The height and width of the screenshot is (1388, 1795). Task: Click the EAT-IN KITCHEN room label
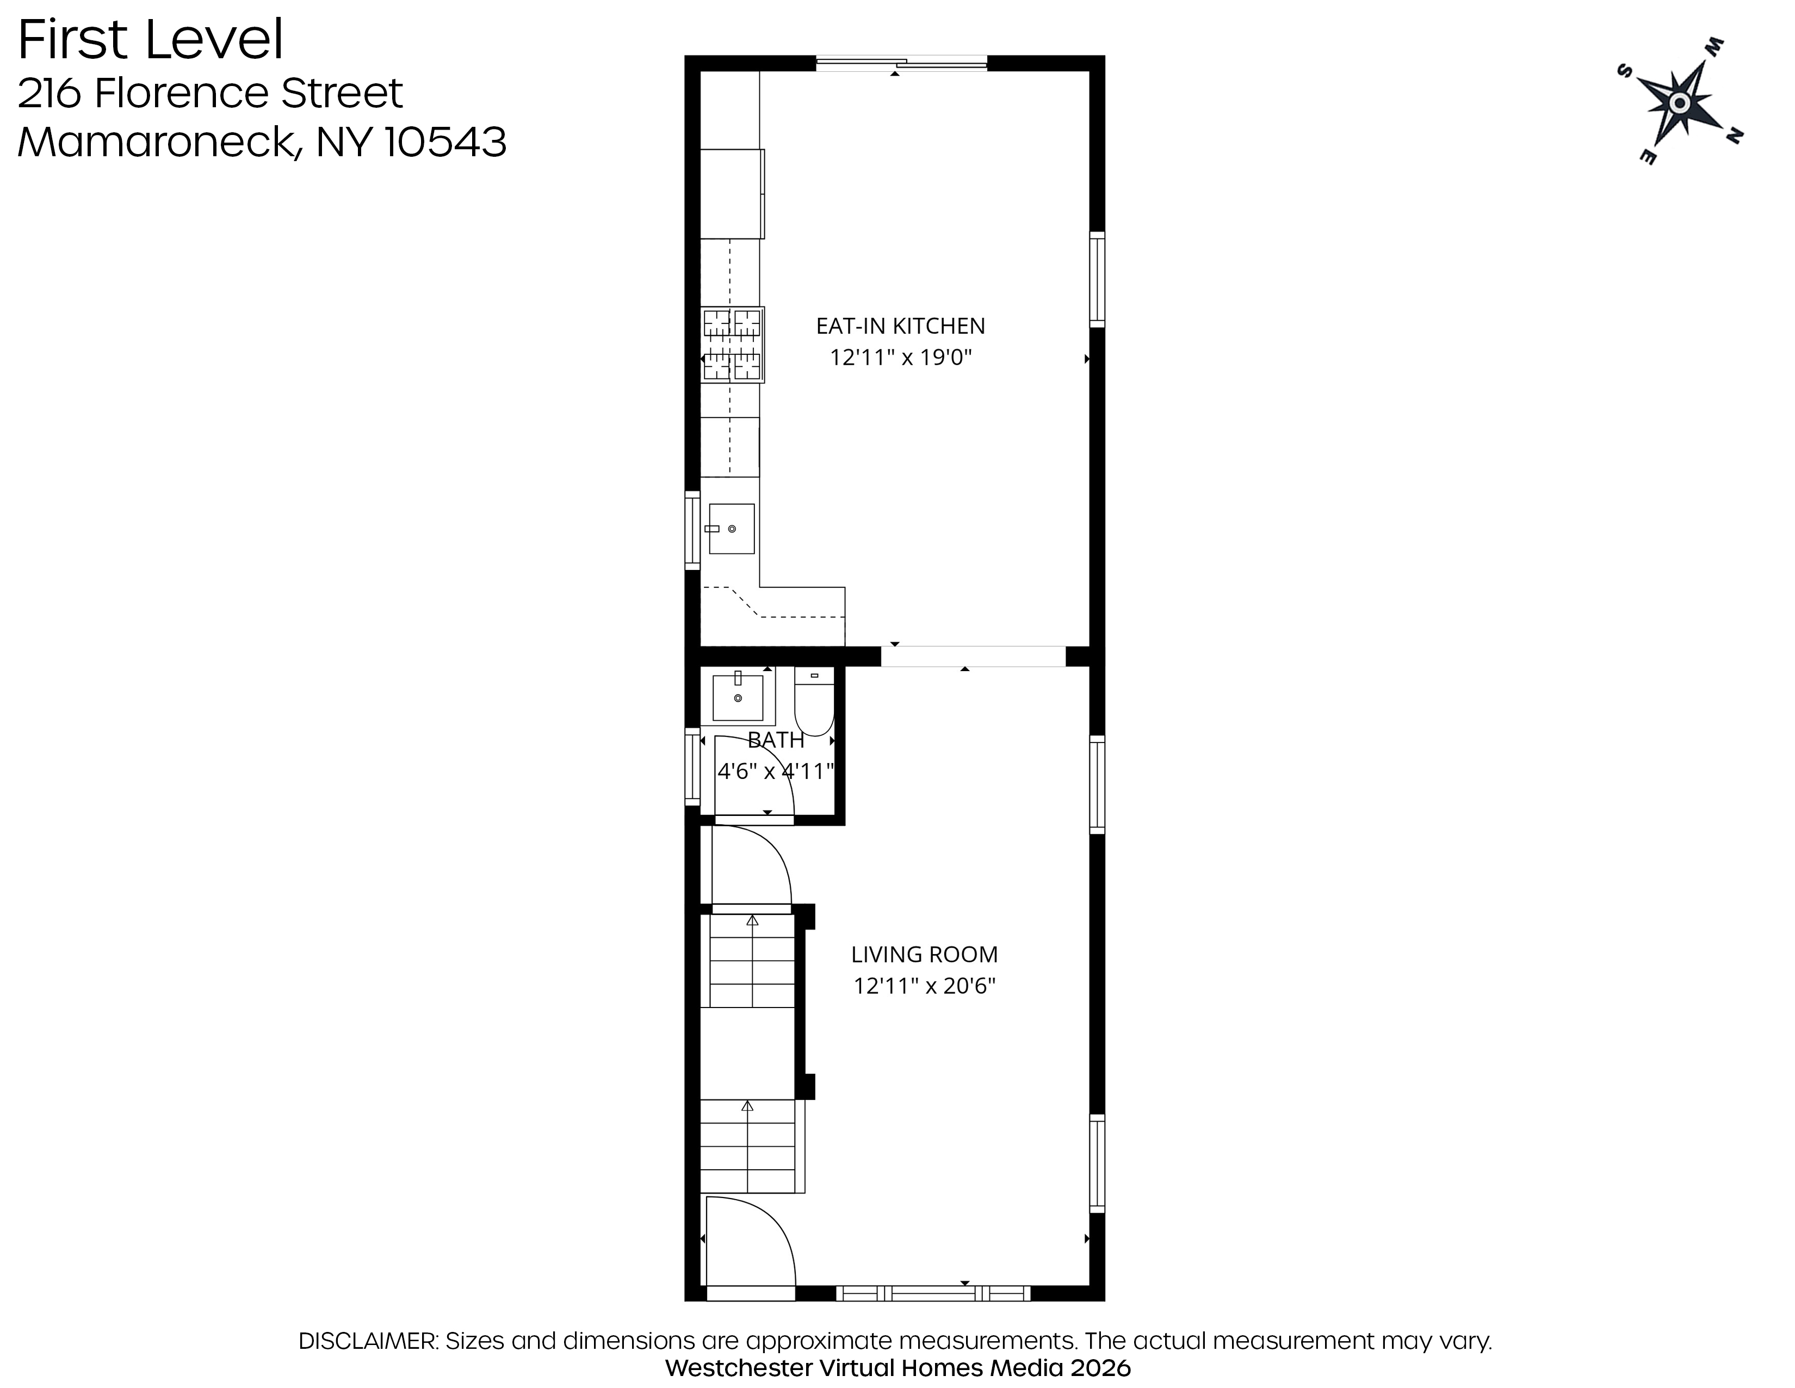[x=900, y=327]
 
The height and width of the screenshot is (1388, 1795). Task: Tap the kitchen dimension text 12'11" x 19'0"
[x=901, y=358]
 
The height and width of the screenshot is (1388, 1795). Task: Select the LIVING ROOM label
[x=924, y=955]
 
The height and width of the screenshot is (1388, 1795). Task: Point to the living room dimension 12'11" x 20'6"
[x=924, y=986]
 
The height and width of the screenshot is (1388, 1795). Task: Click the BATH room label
[x=776, y=740]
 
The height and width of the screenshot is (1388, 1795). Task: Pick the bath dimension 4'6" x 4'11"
[x=776, y=771]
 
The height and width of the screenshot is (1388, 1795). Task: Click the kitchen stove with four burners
[x=732, y=345]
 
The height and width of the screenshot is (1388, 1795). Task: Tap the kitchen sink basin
[x=732, y=529]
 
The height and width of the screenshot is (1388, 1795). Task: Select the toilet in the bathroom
[x=814, y=702]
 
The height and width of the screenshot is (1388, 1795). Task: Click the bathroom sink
[x=738, y=697]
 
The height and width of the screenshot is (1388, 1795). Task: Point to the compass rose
[x=1680, y=102]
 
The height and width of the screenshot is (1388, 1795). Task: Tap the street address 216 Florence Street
[x=211, y=93]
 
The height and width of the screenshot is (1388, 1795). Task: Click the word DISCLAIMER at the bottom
[x=367, y=1341]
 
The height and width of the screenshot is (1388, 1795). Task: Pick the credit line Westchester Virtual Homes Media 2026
[x=897, y=1368]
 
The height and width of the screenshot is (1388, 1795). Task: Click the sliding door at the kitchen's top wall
[x=901, y=63]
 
